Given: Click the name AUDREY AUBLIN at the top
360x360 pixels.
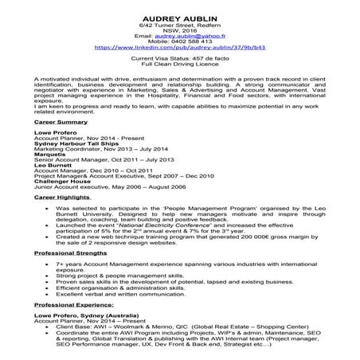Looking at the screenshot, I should [x=180, y=17].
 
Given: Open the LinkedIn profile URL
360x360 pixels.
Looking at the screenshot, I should [x=180, y=48].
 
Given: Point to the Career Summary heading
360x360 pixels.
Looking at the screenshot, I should [x=61, y=125].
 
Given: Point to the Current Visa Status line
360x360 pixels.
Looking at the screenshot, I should [x=179, y=59].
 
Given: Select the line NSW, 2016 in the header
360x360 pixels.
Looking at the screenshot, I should [x=179, y=31].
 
